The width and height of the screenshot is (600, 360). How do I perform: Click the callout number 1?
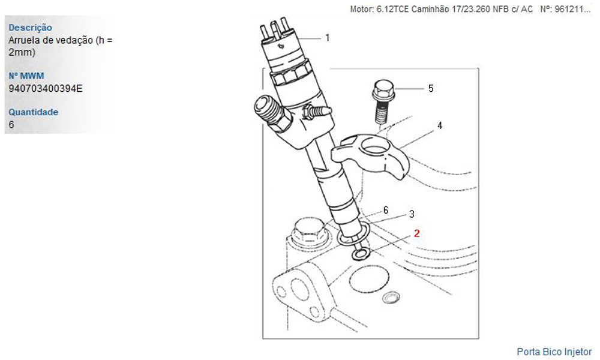328,38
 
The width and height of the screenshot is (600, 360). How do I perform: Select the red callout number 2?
417,233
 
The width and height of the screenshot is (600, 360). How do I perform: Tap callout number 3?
412,214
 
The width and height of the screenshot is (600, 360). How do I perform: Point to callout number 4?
440,125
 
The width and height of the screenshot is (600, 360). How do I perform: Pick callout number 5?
431,89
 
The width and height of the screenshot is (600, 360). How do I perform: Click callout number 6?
386,210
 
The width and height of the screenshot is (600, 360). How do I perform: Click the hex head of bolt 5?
383,88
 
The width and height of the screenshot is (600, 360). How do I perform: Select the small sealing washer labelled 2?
361,253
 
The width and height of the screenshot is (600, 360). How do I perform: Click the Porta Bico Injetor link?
554,352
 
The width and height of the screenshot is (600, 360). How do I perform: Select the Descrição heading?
30,28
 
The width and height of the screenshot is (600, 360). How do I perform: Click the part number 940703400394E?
46,89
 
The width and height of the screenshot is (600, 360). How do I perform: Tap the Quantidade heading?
33,112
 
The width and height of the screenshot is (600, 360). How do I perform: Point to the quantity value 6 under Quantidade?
11,125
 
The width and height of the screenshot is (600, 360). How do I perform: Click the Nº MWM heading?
26,76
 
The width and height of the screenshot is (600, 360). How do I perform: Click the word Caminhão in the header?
430,9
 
